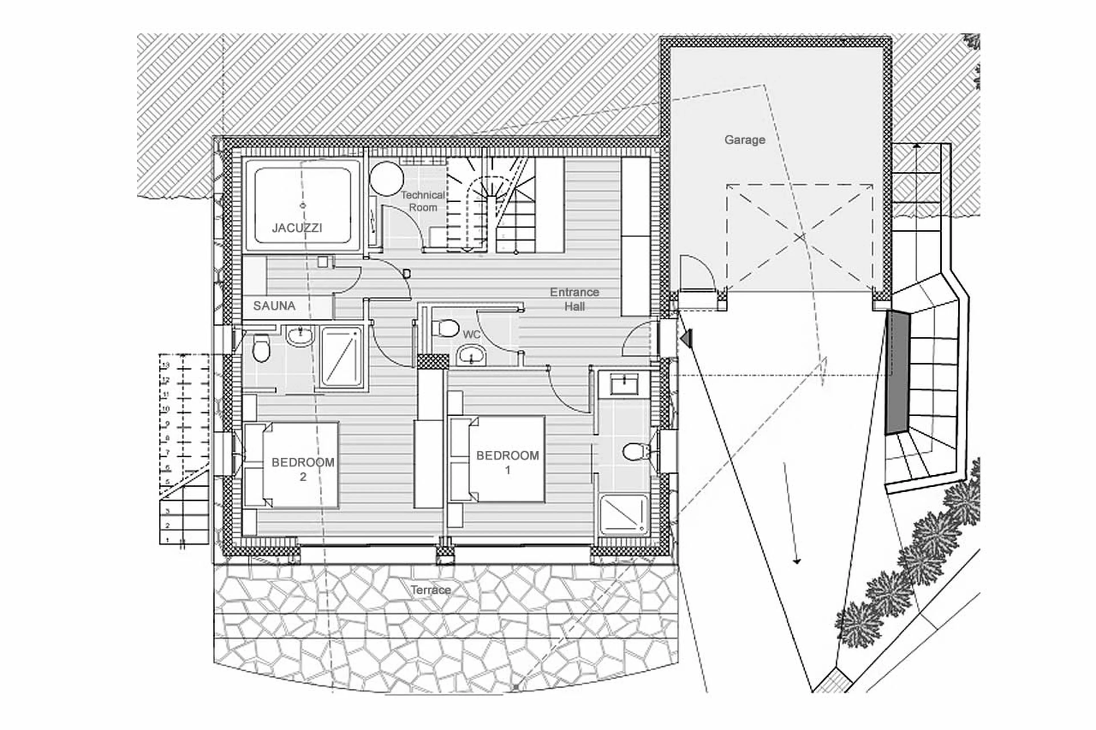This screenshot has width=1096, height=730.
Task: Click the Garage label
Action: pyautogui.click(x=744, y=140)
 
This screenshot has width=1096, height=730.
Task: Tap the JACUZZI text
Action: pyautogui.click(x=297, y=228)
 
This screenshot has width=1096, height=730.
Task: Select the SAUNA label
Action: pyautogui.click(x=274, y=306)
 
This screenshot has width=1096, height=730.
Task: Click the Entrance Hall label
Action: pyautogui.click(x=574, y=299)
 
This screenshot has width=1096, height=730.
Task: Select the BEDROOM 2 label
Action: pyautogui.click(x=303, y=469)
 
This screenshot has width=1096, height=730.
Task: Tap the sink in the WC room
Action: pyautogui.click(x=472, y=355)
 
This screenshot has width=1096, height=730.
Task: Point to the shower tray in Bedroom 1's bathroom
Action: pyautogui.click(x=624, y=515)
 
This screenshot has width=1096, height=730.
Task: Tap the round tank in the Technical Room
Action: pyautogui.click(x=386, y=179)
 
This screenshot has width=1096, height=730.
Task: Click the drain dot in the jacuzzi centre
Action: pyautogui.click(x=303, y=205)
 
